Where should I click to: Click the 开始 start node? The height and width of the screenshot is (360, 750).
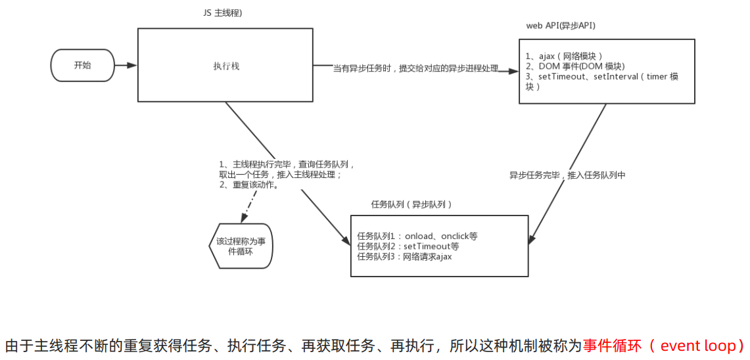(83, 66)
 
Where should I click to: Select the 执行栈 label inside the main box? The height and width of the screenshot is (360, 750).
(222, 66)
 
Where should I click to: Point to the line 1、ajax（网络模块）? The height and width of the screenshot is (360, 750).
(563, 56)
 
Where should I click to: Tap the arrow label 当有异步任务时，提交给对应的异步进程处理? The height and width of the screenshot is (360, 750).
(415, 68)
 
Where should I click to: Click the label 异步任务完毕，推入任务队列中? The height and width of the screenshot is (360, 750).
(567, 176)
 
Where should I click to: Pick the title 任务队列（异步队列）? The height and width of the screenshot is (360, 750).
(411, 205)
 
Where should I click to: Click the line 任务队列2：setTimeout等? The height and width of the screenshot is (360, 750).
(408, 246)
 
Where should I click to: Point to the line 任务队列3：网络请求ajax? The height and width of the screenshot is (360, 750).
(404, 257)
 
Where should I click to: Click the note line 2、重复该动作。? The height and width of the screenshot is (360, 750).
(249, 185)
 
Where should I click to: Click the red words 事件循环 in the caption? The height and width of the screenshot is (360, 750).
(611, 346)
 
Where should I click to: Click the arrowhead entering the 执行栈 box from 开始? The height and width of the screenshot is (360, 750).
(133, 65)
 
